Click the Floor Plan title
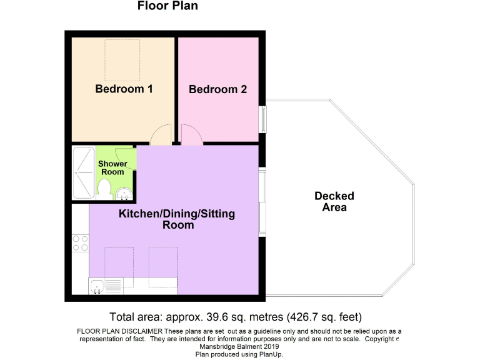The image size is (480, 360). [x=167, y=7]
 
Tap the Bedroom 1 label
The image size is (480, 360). [x=124, y=89]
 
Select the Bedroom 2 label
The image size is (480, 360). [x=217, y=89]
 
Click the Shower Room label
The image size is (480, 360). [x=112, y=167]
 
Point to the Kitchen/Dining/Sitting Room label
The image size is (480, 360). [x=177, y=219]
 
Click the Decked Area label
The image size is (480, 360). [x=334, y=201]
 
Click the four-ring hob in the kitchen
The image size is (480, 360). [x=80, y=242]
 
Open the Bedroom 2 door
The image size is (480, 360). [x=191, y=134]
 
